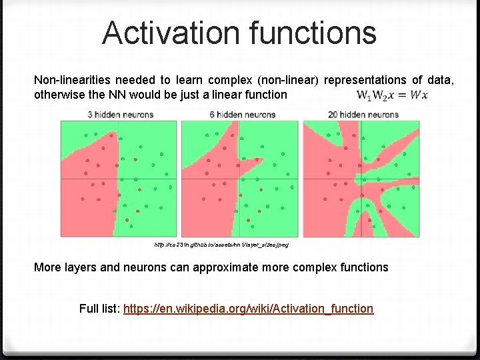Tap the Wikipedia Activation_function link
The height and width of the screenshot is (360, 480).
(247, 309)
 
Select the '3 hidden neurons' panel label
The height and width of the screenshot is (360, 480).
(121, 115)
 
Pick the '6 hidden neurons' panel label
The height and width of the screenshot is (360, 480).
(242, 115)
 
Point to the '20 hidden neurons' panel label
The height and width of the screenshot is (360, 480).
(363, 115)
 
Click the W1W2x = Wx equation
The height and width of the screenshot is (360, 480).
(392, 95)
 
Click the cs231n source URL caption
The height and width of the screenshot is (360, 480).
(221, 245)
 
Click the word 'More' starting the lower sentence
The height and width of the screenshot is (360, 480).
(47, 267)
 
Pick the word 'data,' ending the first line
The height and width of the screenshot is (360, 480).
(441, 81)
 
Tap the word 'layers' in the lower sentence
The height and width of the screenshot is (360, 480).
(79, 267)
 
